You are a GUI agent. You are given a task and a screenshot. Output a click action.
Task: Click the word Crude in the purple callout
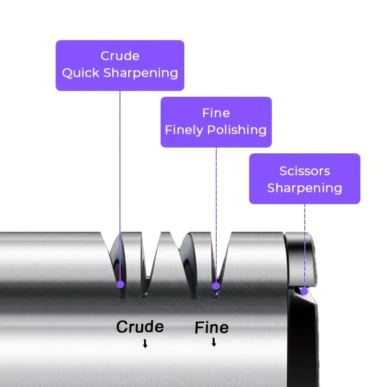(120, 56)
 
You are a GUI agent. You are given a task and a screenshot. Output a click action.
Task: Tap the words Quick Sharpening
(120, 74)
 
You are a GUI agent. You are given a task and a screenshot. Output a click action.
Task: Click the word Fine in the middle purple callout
(216, 113)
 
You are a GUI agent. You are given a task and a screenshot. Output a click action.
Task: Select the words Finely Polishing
(216, 130)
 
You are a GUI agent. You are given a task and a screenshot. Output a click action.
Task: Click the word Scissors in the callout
(305, 171)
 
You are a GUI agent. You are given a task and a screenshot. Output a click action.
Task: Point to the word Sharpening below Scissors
(305, 188)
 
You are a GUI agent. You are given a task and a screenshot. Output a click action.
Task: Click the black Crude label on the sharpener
(140, 327)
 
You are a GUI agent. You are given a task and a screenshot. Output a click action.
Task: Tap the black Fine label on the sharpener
(211, 328)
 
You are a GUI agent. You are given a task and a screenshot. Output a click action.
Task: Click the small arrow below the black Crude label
(145, 344)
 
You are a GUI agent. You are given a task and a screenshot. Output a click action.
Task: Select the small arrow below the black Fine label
(214, 342)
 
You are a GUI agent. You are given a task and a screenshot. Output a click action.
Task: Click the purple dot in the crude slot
(120, 284)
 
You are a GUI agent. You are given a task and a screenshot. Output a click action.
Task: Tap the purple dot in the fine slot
(216, 286)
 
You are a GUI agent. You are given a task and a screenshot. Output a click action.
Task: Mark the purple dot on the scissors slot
(304, 291)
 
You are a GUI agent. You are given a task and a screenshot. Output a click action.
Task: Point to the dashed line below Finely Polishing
(216, 203)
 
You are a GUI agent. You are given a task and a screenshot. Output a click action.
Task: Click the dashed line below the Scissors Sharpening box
(305, 242)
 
